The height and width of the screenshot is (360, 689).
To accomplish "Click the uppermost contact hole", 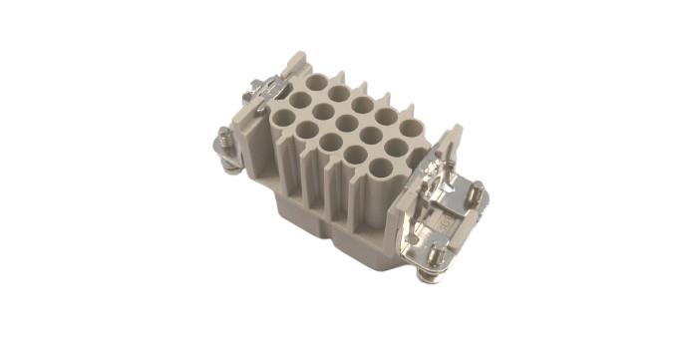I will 317,84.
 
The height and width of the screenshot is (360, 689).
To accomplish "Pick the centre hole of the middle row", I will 346,125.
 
